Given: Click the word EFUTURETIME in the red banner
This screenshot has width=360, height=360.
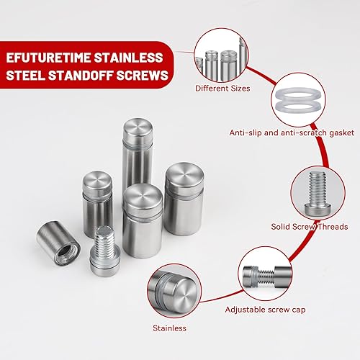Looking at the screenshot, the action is coord(48,58).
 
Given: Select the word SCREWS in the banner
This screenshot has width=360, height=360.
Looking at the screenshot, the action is coord(143,75).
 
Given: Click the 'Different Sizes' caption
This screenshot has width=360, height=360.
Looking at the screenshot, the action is coord(222,89).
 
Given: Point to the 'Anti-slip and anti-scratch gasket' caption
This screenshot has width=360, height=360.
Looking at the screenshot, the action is coord(292,132).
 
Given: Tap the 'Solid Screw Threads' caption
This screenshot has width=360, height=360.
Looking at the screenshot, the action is coord(310,227).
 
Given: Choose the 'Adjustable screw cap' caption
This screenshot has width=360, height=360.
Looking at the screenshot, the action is coord(265,310).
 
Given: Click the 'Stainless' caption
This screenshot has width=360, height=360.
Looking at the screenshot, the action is coord(169,328).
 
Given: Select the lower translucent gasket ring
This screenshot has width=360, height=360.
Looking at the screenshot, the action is coord(298,106).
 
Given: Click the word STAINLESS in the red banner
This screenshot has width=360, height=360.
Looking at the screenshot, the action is coord(128,58).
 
